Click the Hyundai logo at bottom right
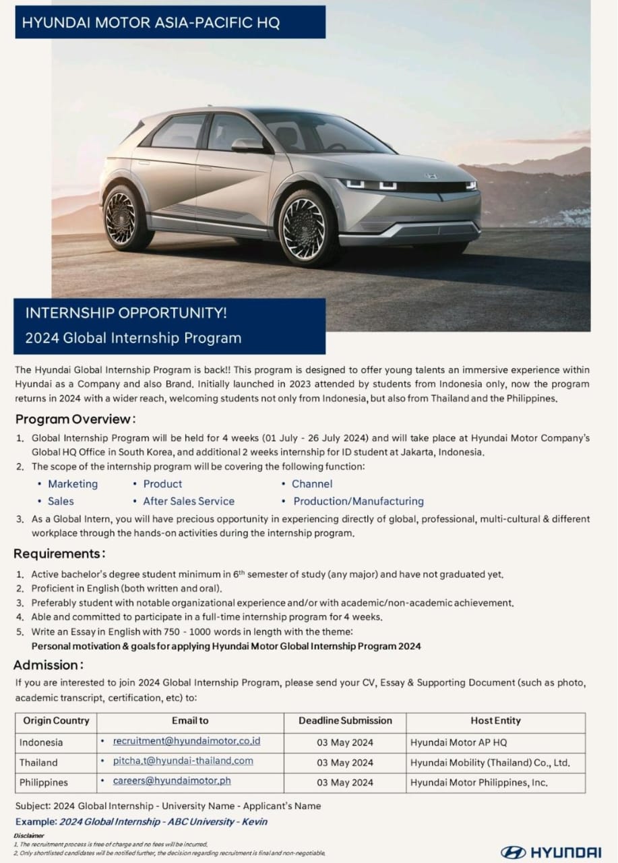(x=551, y=852)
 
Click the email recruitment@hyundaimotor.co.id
(x=187, y=741)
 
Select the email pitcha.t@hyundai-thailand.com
(x=183, y=761)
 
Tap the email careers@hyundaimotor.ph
(x=172, y=781)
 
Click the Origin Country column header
(x=56, y=721)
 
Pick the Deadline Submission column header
(x=345, y=721)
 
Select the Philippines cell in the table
(x=44, y=783)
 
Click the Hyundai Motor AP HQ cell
(x=458, y=742)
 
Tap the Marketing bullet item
(x=73, y=484)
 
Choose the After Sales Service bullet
(x=189, y=502)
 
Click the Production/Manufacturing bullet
(x=358, y=502)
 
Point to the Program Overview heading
(x=75, y=419)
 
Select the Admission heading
(x=49, y=665)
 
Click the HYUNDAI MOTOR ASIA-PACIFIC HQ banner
(x=151, y=23)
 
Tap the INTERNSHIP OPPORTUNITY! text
(x=126, y=314)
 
